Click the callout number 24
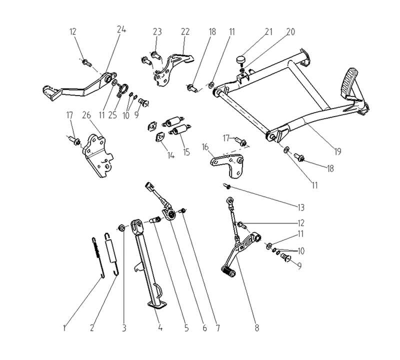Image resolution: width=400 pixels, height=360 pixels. [x=121, y=29]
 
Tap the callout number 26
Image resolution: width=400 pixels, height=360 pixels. [x=86, y=115]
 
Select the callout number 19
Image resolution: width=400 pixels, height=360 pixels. [x=337, y=151]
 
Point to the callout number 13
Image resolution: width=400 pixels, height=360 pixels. [x=301, y=207]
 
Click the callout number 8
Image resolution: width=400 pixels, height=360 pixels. [x=257, y=328]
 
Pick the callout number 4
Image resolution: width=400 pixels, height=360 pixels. [x=160, y=327]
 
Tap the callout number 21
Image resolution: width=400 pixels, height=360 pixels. [x=268, y=31]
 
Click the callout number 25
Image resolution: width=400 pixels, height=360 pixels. [x=112, y=115]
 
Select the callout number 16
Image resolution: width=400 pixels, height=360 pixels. [x=205, y=147]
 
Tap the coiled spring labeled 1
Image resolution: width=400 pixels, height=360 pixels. [x=98, y=257]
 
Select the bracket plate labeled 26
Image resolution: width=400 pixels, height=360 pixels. [x=97, y=155]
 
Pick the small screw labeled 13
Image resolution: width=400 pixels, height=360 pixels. [x=227, y=186]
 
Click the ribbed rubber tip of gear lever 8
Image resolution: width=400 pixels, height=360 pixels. [x=228, y=271]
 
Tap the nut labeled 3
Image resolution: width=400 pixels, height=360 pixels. [x=121, y=227]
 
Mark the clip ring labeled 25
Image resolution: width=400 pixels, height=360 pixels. [x=122, y=90]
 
